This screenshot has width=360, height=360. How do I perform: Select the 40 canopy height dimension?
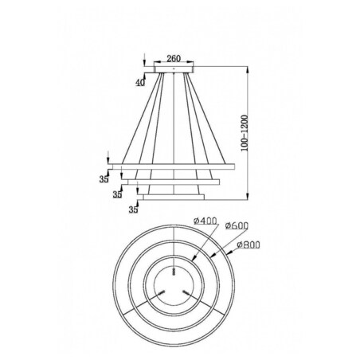(139, 82)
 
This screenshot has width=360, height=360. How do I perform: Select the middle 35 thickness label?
(118, 194)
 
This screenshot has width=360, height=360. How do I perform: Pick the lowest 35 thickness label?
(132, 209)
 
